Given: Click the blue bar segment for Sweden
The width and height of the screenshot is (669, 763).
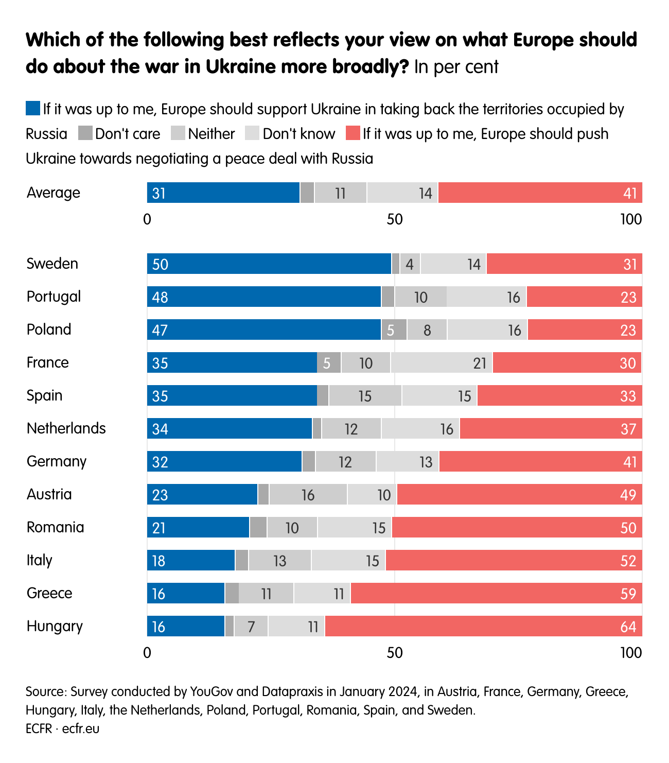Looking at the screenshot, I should [x=269, y=264].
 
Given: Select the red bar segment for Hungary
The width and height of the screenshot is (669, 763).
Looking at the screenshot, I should [x=483, y=626].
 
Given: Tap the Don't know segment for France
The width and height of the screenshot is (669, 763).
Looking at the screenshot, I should [x=441, y=362].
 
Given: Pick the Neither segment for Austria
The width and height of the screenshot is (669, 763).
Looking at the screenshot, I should [x=308, y=494].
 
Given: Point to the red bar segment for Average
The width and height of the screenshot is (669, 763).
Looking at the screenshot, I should [x=540, y=193].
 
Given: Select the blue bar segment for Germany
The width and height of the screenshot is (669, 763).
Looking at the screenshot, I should [x=224, y=461].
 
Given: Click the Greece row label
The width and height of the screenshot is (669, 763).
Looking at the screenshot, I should [x=49, y=593].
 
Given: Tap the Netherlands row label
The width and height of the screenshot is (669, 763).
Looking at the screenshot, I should [x=66, y=428].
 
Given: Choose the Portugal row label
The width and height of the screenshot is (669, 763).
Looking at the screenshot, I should [x=54, y=297].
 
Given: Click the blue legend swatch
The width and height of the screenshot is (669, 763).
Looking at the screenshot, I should [x=33, y=109].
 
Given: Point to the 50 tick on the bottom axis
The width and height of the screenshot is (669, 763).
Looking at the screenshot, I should [x=394, y=653].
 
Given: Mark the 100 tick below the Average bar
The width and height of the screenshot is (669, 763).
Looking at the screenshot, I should [x=631, y=219].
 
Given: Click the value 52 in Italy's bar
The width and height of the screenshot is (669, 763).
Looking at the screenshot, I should [x=628, y=561].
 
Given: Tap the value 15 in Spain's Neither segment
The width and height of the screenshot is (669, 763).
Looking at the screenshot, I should [x=365, y=396].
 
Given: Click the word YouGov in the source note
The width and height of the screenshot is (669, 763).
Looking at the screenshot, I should [x=213, y=691].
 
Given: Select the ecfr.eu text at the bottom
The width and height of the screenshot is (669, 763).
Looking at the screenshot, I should [x=81, y=729].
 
